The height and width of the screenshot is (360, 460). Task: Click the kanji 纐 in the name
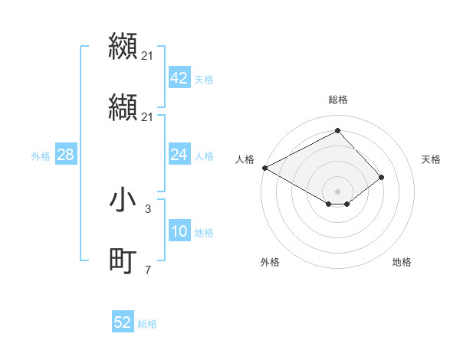[x=123, y=46]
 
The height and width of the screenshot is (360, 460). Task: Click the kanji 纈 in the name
[x=123, y=107]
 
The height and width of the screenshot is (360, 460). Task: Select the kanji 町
[x=123, y=261]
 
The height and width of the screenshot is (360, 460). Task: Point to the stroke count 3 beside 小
[x=148, y=208]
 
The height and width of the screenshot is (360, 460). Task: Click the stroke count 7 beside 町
[x=148, y=269]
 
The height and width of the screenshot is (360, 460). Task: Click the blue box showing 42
[x=179, y=78]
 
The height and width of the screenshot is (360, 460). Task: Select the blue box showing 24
[x=179, y=155]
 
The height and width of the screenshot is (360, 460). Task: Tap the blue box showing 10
[x=179, y=231]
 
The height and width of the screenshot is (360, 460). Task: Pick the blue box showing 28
[x=65, y=155]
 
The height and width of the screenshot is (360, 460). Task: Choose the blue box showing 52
[x=122, y=322]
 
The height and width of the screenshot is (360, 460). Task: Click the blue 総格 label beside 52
[x=147, y=324]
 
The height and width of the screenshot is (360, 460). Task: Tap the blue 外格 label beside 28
[x=41, y=156]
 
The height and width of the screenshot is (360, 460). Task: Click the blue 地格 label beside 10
[x=204, y=233]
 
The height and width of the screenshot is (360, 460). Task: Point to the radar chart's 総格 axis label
[x=338, y=100]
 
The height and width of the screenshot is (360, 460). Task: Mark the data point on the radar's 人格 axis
[x=264, y=168]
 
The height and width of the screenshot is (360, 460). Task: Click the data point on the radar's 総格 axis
[x=337, y=131]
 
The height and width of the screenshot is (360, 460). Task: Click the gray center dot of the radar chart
[x=337, y=191]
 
